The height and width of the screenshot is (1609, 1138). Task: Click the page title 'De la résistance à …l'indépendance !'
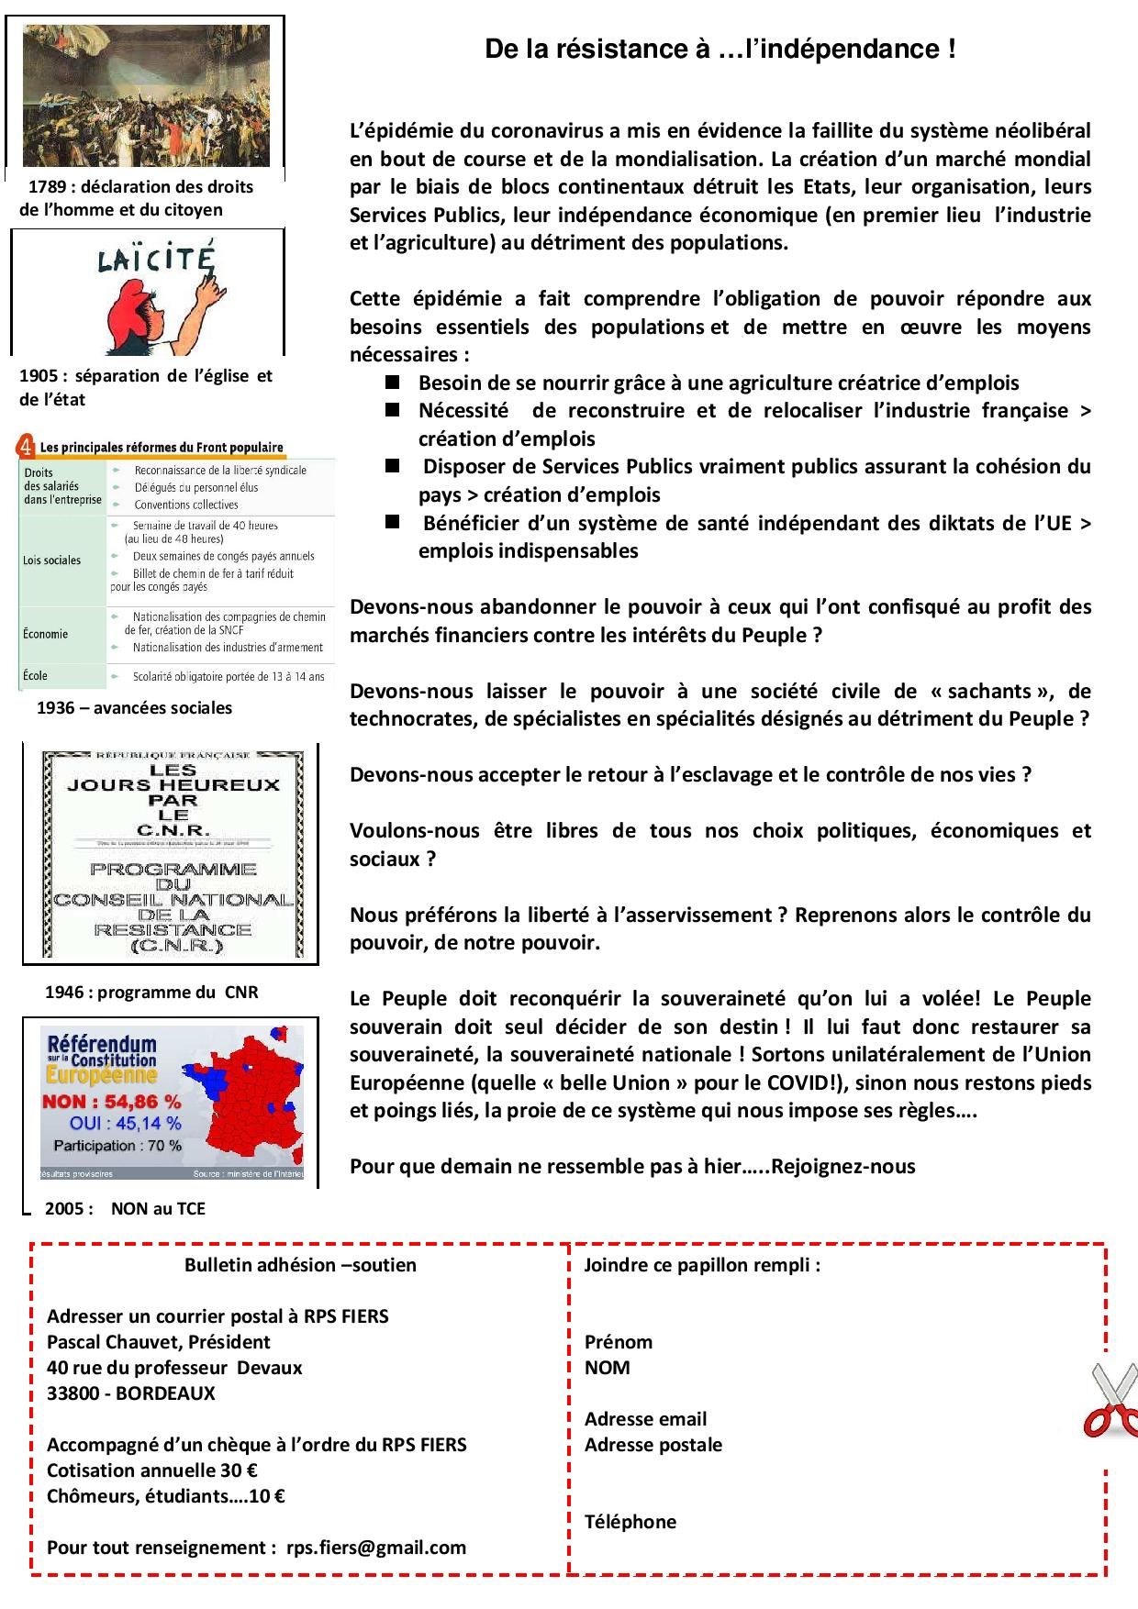tap(720, 50)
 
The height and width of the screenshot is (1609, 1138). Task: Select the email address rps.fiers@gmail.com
tap(376, 1548)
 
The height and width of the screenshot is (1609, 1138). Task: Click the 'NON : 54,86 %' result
tap(111, 1101)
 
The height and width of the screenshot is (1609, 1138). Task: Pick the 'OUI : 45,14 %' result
tap(125, 1123)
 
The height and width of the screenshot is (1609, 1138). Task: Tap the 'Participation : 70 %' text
tap(117, 1146)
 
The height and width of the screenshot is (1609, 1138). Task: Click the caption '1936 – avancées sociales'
tap(134, 707)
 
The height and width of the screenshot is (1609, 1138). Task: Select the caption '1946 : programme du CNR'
tap(151, 992)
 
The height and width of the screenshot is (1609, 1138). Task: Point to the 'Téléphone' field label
tap(630, 1522)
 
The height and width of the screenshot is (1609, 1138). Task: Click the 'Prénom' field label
tap(619, 1342)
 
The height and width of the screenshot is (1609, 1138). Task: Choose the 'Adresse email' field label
tap(645, 1419)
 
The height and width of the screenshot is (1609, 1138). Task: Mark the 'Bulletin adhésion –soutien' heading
tap(300, 1265)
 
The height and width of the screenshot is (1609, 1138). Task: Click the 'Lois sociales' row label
tap(51, 560)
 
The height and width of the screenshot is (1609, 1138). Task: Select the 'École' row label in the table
tap(35, 676)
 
